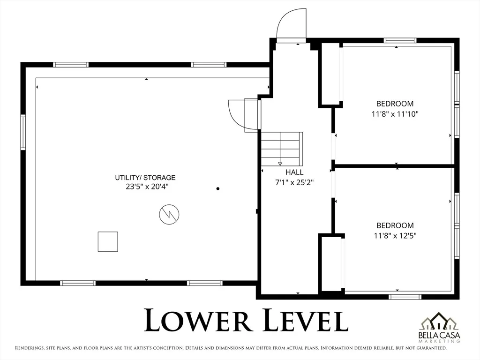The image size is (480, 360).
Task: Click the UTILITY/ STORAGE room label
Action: (x=145, y=178)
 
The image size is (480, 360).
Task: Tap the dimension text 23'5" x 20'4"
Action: (x=147, y=187)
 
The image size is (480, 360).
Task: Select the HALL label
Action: (x=294, y=172)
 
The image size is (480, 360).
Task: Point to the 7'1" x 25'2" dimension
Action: (x=294, y=183)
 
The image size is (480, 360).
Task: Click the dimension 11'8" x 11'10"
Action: (x=395, y=114)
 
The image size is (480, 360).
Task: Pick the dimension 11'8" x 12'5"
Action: (x=395, y=236)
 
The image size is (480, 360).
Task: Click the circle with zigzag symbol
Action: (x=169, y=214)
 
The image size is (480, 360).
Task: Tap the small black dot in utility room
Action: (x=218, y=188)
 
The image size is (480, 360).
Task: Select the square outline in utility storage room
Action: (x=108, y=241)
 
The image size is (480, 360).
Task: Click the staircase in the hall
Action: (x=282, y=149)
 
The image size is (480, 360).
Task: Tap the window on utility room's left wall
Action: (x=23, y=132)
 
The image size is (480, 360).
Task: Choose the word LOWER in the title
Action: (x=198, y=320)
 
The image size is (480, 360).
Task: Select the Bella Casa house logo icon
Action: (x=439, y=322)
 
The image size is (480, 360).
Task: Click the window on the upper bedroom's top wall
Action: (x=400, y=40)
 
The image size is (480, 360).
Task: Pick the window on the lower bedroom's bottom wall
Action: (x=405, y=297)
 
